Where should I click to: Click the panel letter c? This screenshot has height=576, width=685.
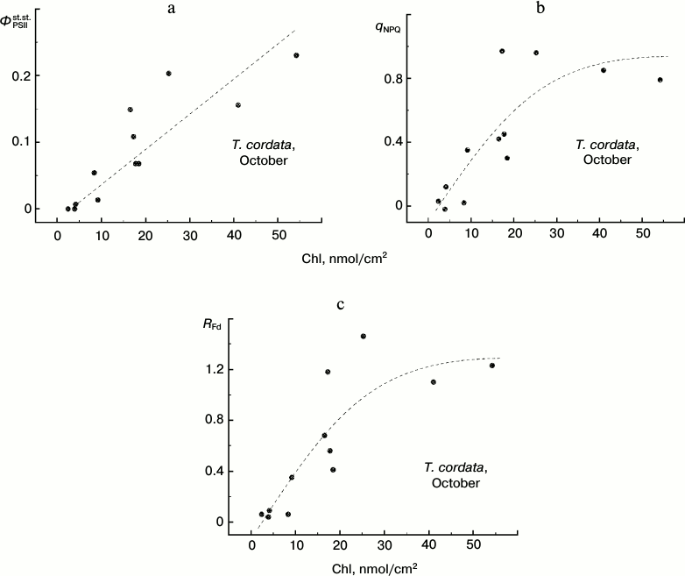pyautogui.click(x=340, y=305)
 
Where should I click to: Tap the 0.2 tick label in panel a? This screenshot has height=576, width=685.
pyautogui.click(x=30, y=76)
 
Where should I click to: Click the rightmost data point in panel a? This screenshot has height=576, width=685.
pyautogui.click(x=296, y=55)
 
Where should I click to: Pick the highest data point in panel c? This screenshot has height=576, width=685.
pyautogui.click(x=363, y=336)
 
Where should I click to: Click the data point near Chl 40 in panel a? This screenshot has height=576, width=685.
pyautogui.click(x=237, y=105)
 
